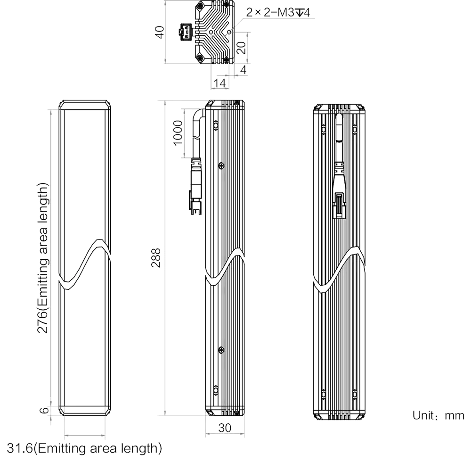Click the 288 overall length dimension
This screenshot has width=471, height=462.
pos(156,257)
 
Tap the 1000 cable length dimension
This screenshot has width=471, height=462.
pos(178,132)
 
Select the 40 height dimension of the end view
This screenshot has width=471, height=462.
pos(160,32)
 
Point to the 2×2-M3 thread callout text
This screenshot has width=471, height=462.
pos(278,12)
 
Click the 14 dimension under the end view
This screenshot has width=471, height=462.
pos(219,83)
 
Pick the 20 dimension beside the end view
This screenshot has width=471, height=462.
pos(241,48)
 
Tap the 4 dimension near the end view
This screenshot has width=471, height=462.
pos(244,70)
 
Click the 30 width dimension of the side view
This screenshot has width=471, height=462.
pos(225,428)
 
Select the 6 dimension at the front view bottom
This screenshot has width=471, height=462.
pos(44,410)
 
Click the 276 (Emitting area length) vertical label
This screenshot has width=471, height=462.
pos(43,257)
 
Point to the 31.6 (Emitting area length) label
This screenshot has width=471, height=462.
pos(84,448)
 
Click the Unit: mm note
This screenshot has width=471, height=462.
pos(438,415)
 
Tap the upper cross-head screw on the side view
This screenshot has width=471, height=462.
pos(221,165)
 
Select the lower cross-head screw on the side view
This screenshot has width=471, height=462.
pos(221,350)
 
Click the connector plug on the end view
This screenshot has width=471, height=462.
pos(185,31)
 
